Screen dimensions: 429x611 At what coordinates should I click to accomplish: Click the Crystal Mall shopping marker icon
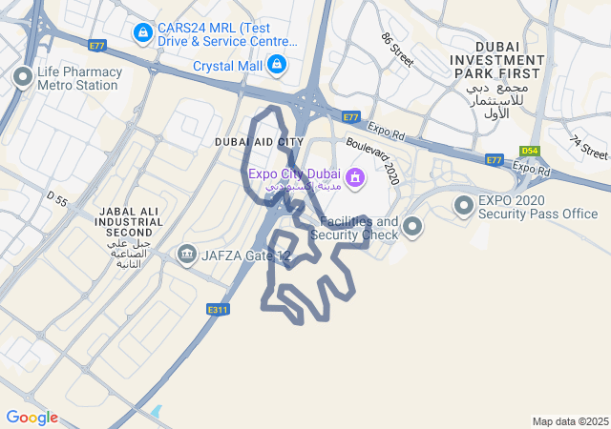276,65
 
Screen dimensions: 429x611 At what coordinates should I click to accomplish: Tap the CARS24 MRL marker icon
143,34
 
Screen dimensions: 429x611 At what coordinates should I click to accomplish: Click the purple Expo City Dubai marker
355,176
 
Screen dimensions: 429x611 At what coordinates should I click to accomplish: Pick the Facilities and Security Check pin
412,226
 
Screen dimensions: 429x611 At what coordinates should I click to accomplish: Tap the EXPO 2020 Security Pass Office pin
464,205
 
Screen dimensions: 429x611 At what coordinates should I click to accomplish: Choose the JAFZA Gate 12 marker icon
186,255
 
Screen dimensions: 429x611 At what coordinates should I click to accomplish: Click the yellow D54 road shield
530,151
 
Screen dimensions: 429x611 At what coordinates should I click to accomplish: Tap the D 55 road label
57,199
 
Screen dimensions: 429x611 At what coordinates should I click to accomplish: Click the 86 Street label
397,50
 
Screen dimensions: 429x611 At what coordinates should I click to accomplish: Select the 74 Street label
588,147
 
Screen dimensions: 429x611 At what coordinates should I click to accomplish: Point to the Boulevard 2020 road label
372,158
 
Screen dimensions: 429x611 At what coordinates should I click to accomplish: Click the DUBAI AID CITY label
259,142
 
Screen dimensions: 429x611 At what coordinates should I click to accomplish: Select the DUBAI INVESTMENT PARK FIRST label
499,59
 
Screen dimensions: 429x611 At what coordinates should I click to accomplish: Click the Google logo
32,418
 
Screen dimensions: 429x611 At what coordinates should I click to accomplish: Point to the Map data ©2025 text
570,421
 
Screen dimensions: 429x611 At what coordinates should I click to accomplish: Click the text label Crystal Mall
227,66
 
